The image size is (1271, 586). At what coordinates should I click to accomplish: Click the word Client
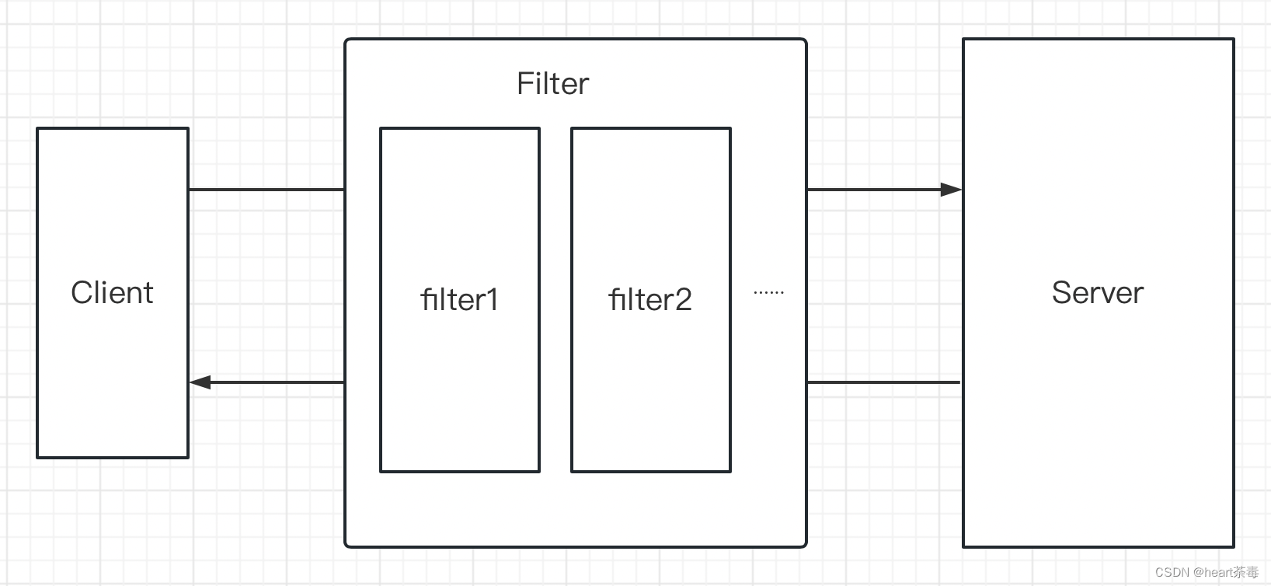point(112,293)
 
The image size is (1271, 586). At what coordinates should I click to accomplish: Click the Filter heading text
point(552,83)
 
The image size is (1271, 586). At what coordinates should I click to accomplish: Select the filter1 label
point(459,299)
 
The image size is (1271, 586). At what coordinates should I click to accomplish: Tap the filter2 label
point(650,299)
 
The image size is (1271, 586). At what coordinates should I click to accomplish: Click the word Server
point(1097,293)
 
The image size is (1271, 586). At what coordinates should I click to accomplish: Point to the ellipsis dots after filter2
point(768,293)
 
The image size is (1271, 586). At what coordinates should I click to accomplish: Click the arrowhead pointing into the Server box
point(952,190)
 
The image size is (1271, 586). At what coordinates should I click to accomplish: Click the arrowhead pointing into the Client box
point(200,382)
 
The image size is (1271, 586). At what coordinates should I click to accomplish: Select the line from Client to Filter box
point(266,190)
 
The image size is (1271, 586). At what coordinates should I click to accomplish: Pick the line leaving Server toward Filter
point(884,382)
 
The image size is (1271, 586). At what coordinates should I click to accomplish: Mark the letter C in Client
point(81,293)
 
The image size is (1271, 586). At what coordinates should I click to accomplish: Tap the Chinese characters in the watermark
point(1246,573)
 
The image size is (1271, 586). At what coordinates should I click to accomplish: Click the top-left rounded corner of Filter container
point(348,42)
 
